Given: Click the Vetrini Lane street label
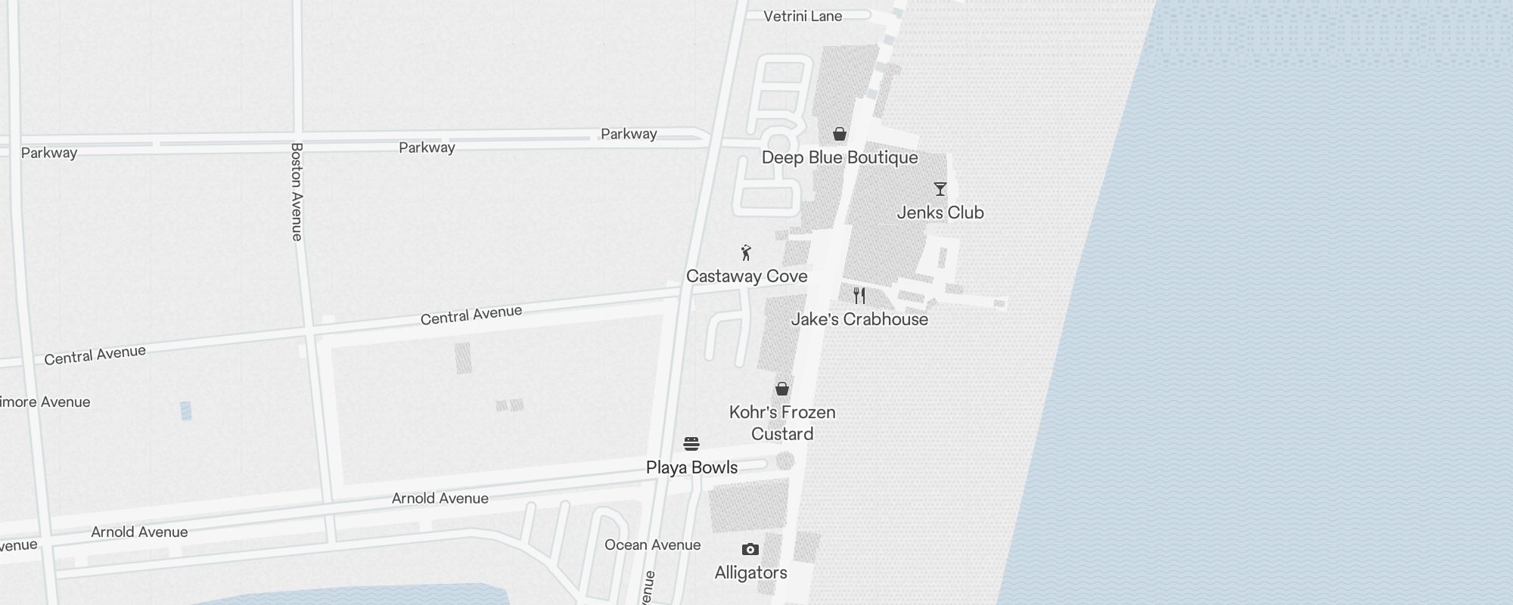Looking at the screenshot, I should click(x=803, y=16).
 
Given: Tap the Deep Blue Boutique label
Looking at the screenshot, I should click(x=840, y=157).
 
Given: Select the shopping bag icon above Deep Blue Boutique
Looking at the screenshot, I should click(x=840, y=135).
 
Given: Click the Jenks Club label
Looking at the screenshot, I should click(x=940, y=213).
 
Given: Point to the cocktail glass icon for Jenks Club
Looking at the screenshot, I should click(x=940, y=189).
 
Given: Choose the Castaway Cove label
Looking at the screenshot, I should click(x=747, y=276).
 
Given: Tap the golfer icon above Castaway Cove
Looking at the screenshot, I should click(x=747, y=253).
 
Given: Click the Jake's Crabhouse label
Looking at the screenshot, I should click(x=859, y=319).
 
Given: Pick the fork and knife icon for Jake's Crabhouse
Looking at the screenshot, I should click(x=859, y=296).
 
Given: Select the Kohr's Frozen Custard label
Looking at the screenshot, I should click(x=782, y=423).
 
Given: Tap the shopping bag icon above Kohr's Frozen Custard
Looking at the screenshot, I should click(x=782, y=389).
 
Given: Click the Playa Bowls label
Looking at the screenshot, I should click(x=691, y=467).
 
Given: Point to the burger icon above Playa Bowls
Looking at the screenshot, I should click(x=691, y=443).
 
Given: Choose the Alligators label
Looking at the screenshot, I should click(x=750, y=572).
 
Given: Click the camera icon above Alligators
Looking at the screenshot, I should click(x=750, y=550).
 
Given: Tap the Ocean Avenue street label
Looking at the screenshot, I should click(x=653, y=544).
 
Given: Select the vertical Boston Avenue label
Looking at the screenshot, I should click(x=297, y=192).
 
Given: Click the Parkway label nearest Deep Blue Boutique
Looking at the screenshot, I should click(x=629, y=134).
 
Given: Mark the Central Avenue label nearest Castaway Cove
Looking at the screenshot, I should click(x=471, y=315).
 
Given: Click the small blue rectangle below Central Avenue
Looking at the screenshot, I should click(x=186, y=411).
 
